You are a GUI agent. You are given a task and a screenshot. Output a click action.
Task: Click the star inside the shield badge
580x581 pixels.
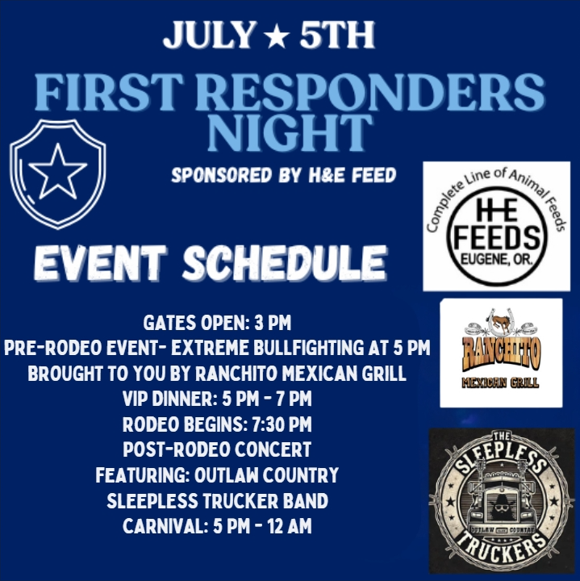point(57,172)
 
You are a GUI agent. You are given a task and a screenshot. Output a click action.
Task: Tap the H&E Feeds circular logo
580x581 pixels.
point(495,227)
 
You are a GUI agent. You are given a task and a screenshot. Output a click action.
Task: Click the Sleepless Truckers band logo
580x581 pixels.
point(500,502)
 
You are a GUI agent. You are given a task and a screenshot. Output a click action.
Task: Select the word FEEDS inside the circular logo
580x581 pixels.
point(495,236)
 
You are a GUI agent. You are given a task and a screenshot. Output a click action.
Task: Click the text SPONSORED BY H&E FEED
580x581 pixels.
point(283,175)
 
